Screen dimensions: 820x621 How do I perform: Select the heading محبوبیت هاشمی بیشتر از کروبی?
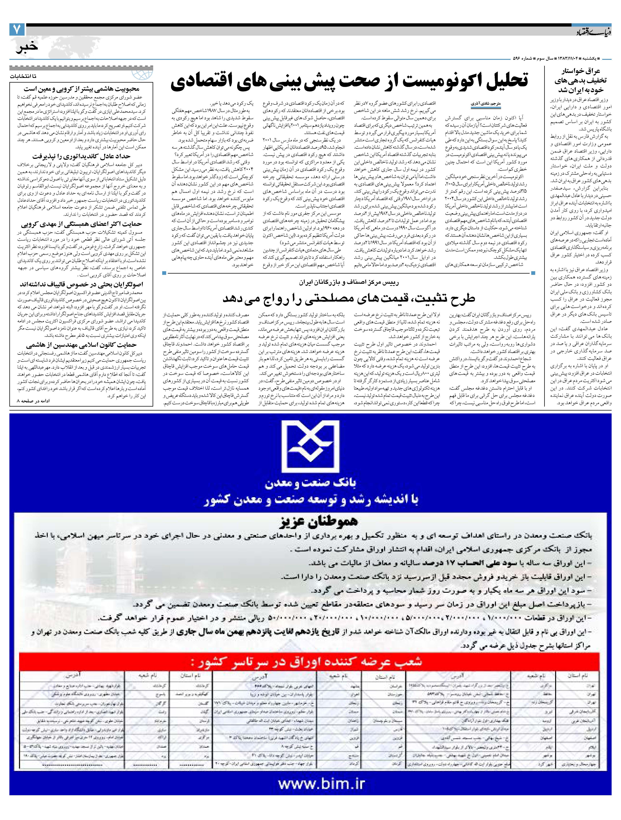81,89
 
